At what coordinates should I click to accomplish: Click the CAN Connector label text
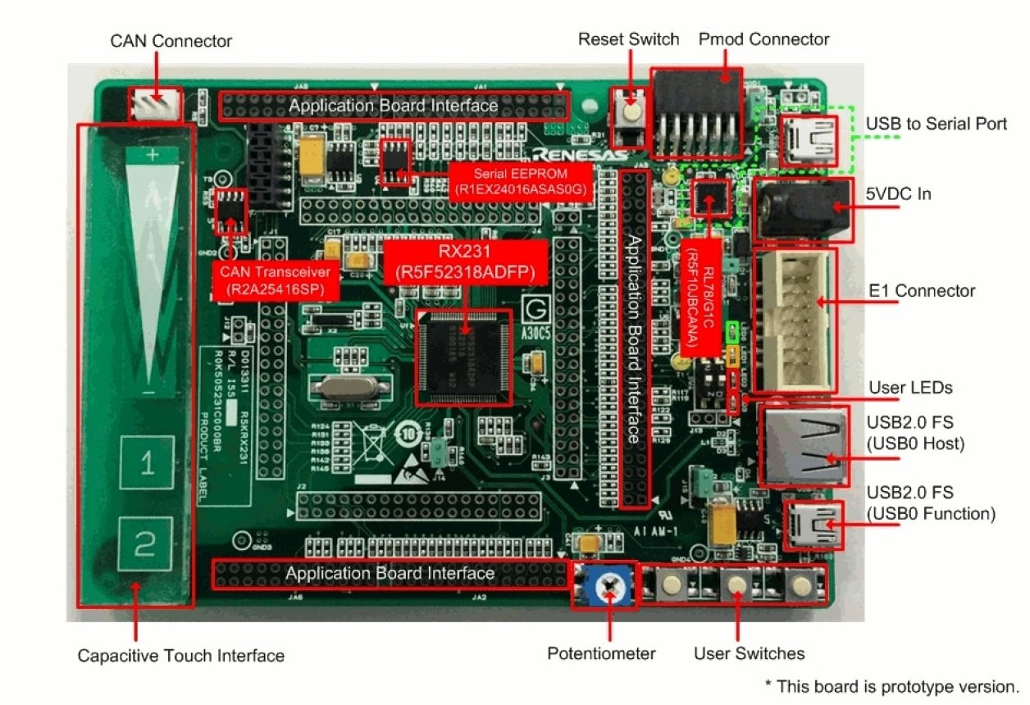[x=171, y=40]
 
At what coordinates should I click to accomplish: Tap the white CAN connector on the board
[x=153, y=107]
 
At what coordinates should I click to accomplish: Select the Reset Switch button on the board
[x=629, y=112]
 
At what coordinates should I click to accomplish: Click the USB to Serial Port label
[x=936, y=124]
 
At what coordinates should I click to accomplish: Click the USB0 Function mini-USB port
[x=814, y=525]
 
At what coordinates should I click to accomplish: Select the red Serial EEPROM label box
[x=522, y=181]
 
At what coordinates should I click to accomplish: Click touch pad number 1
[x=146, y=466]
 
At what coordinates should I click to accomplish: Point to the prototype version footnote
[x=891, y=686]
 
